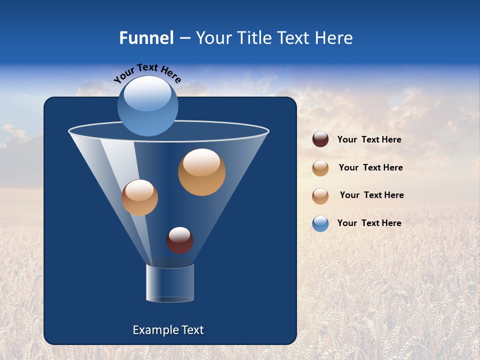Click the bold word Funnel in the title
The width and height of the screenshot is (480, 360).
tap(146, 38)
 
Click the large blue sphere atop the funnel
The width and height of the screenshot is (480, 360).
tap(147, 106)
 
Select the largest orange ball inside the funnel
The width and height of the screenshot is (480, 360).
tap(201, 172)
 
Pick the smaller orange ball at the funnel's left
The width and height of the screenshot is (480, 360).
tap(139, 197)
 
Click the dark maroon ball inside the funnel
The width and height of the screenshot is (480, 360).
tap(179, 240)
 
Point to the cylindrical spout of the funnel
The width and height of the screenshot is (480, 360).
tap(170, 283)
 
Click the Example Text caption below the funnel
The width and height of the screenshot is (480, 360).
tap(168, 330)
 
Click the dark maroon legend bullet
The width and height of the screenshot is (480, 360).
tap(320, 139)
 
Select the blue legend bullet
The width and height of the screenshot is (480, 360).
tap(320, 223)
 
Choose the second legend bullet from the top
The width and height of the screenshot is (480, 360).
tap(320, 168)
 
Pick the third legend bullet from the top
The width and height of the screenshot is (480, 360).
tap(320, 196)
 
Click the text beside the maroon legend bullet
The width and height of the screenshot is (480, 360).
tap(369, 140)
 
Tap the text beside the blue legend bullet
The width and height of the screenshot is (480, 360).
tap(369, 223)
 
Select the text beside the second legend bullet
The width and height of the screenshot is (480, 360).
tap(370, 167)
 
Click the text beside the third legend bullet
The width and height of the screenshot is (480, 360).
tap(371, 195)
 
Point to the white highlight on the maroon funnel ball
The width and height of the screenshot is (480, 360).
tap(179, 233)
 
